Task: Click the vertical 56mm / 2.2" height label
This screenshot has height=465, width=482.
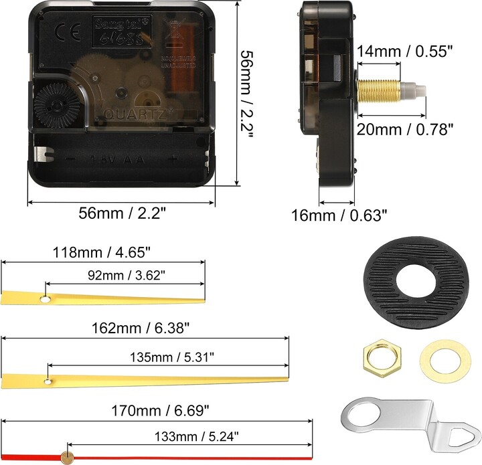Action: (x=246, y=94)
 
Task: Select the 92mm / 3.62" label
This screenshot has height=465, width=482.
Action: (x=124, y=274)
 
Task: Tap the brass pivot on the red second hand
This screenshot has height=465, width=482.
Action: (x=66, y=456)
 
